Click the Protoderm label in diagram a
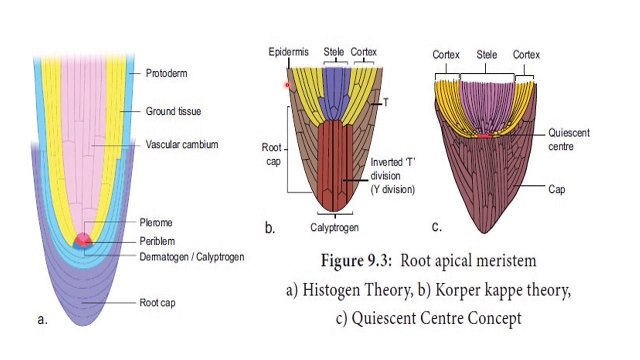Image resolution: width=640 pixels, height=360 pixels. point(166,73)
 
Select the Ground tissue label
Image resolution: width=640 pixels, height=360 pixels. point(173,111)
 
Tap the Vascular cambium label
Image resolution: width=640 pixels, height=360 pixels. point(182,144)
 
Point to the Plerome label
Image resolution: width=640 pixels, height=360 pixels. point(156,222)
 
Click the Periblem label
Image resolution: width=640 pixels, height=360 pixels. point(157,241)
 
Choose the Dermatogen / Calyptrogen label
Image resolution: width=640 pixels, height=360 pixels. point(192,257)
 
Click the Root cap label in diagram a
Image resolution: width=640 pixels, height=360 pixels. point(157,303)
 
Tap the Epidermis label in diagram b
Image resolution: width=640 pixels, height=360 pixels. point(288,52)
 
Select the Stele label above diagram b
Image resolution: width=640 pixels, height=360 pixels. point(333,52)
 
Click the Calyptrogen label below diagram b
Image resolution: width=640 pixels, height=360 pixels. point(334,227)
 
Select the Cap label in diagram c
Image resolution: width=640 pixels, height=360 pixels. point(556,189)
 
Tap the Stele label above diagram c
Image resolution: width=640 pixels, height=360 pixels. point(486,54)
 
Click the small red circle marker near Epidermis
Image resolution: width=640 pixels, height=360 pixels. point(287,85)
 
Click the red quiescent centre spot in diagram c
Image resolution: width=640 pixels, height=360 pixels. point(484,135)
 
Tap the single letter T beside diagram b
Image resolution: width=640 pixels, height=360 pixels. point(386,102)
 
